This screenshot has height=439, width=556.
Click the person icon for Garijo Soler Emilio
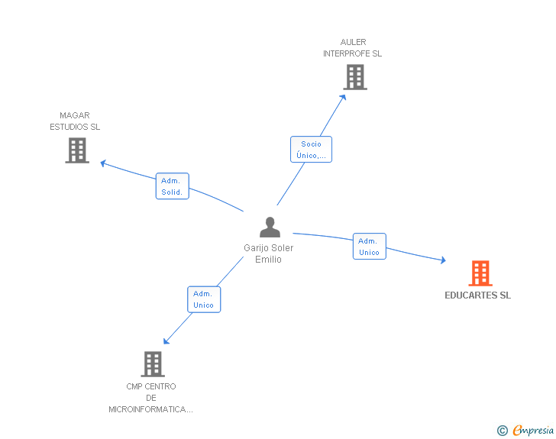pyautogui.click(x=270, y=227)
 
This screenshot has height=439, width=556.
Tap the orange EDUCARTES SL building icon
pyautogui.click(x=480, y=273)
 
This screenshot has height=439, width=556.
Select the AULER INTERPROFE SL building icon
pyautogui.click(x=355, y=77)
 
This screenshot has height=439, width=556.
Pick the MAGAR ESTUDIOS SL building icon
pyautogui.click(x=77, y=150)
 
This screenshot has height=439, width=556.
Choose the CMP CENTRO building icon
pyautogui.click(x=153, y=364)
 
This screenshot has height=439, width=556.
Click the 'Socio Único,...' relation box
pyautogui.click(x=311, y=150)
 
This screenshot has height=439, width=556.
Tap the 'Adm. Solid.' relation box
pyautogui.click(x=173, y=186)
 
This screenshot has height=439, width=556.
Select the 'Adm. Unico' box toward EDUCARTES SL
pyautogui.click(x=370, y=247)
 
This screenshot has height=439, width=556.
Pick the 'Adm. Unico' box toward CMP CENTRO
pyautogui.click(x=204, y=299)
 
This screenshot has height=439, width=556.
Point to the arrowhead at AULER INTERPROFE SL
pyautogui.click(x=343, y=98)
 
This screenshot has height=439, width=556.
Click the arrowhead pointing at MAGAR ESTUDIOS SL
pyautogui.click(x=103, y=163)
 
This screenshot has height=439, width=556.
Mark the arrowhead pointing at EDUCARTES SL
pyautogui.click(x=443, y=260)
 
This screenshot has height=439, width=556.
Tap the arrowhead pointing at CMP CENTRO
pyautogui.click(x=166, y=341)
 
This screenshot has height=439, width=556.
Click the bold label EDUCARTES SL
pyautogui.click(x=477, y=295)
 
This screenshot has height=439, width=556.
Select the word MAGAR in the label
pyautogui.click(x=75, y=115)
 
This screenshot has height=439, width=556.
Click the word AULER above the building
pyautogui.click(x=353, y=42)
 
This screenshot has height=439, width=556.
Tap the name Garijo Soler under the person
pyautogui.click(x=268, y=248)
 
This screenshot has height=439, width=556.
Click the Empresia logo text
pyautogui.click(x=533, y=430)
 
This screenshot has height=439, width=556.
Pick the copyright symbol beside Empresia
pyautogui.click(x=503, y=431)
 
